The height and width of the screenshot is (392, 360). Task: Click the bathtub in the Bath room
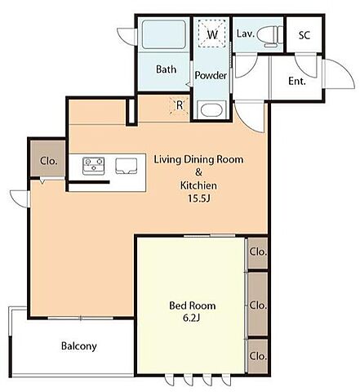tap(164, 34)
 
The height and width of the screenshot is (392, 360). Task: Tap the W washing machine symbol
tap(212, 33)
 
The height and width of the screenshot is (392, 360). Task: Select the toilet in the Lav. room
tap(269, 35)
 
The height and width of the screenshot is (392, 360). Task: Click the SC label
tap(304, 35)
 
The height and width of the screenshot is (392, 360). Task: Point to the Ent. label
tap(297, 81)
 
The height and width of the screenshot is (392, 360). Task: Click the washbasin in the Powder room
tap(212, 109)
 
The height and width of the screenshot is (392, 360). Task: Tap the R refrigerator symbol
tap(180, 105)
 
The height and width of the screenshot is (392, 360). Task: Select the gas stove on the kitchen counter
tap(94, 166)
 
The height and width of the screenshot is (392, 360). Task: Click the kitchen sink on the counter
tap(126, 166)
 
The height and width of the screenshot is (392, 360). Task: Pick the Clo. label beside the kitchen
tap(49, 161)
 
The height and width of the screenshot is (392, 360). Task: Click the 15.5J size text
tap(199, 198)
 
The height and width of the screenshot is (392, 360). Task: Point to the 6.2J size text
tap(192, 318)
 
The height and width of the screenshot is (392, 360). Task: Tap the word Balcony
tap(79, 346)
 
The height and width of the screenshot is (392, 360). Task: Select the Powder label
tap(211, 75)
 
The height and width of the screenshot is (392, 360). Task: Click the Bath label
tap(166, 69)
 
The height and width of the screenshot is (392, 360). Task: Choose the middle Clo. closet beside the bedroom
tap(258, 304)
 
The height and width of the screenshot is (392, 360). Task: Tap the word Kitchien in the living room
tap(198, 185)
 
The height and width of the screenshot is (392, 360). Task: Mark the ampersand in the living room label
tap(198, 172)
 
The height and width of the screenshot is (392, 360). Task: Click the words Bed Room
tap(193, 305)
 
